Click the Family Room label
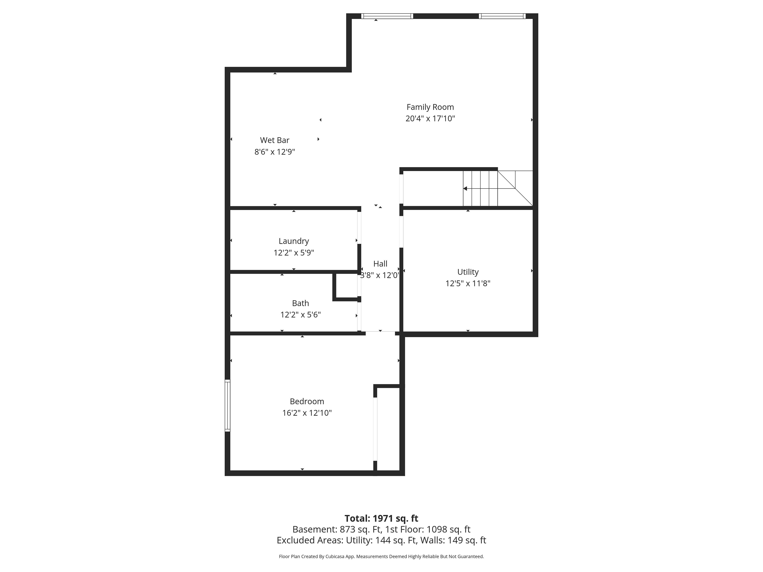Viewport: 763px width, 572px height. (430, 107)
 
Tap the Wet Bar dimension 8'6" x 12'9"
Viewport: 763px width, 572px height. (275, 152)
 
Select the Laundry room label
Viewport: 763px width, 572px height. (293, 241)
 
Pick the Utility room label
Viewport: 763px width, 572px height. (468, 272)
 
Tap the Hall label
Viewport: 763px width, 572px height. (380, 264)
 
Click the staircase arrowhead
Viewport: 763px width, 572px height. (465, 189)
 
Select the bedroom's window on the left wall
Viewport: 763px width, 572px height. (227, 406)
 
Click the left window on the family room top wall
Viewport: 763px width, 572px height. (387, 16)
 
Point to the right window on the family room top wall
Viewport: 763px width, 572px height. (502, 16)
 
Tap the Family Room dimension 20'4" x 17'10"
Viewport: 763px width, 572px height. (430, 119)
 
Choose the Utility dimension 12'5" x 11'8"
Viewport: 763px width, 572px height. (468, 283)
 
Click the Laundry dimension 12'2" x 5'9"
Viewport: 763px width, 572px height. (293, 253)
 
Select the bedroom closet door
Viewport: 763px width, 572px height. (375, 429)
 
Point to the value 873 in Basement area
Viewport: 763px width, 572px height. (347, 529)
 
